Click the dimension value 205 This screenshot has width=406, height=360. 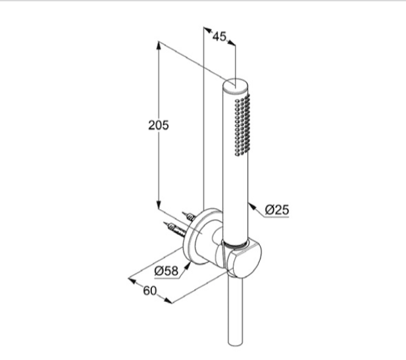(158, 125)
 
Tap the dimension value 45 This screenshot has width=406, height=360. (219, 36)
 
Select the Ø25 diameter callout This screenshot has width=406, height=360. (277, 209)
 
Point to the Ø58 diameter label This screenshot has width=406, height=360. (166, 271)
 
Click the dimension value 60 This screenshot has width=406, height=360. (149, 291)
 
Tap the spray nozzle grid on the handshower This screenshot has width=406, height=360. (242, 125)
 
